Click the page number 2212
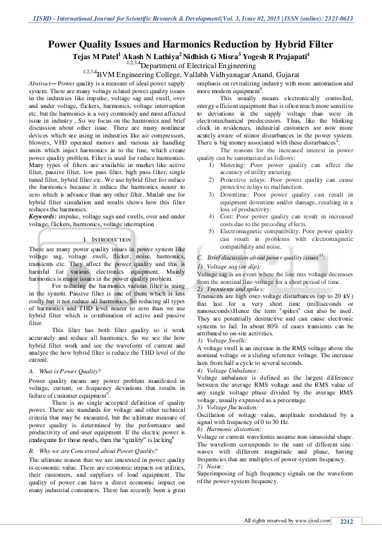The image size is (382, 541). (347, 521)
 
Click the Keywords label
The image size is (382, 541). (44, 218)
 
